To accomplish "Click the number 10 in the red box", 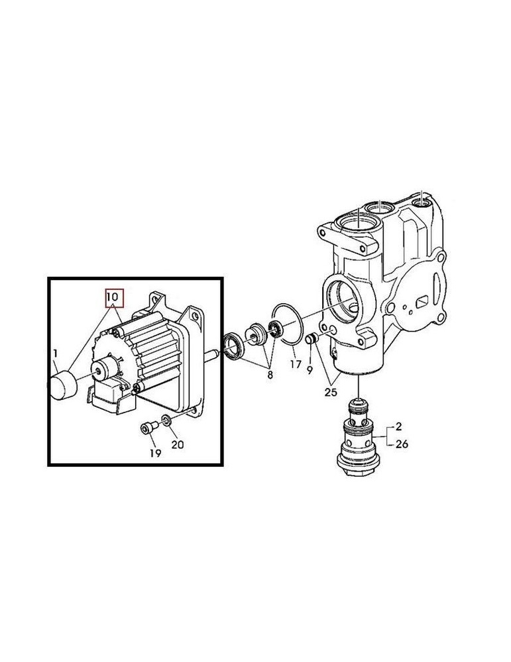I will pyautogui.click(x=112, y=298).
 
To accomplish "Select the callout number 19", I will pyautogui.click(x=154, y=453).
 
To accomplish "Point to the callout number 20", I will pyautogui.click(x=177, y=445).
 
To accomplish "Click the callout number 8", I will pyautogui.click(x=269, y=374).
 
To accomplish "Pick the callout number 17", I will pyautogui.click(x=295, y=363).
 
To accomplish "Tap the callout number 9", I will pyautogui.click(x=310, y=370).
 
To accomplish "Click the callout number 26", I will pyautogui.click(x=402, y=444).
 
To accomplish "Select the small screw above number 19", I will pyautogui.click(x=146, y=428).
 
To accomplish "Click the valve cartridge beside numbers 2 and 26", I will pyautogui.click(x=358, y=438).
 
